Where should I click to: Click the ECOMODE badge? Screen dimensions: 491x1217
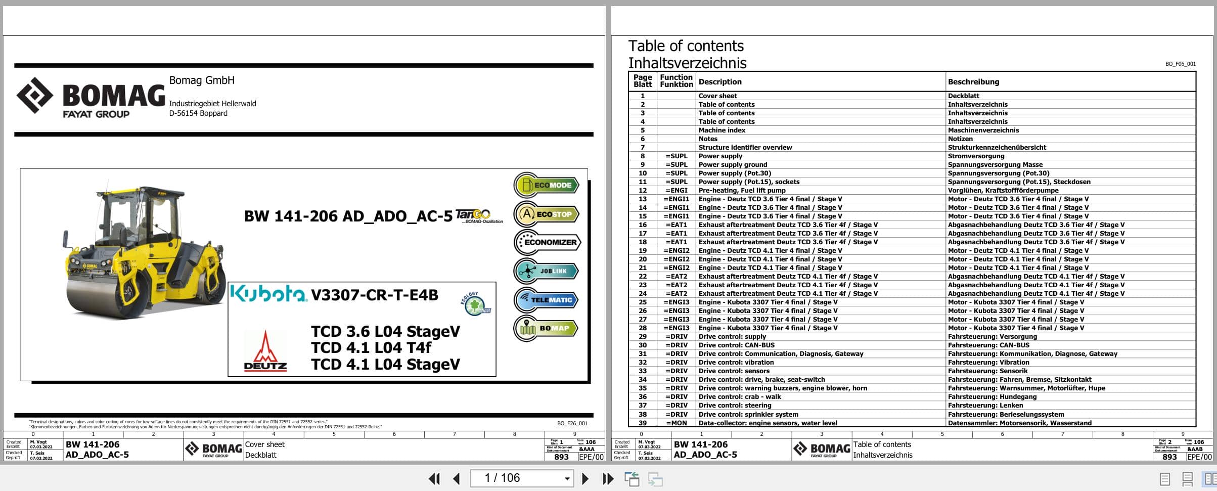pos(547,185)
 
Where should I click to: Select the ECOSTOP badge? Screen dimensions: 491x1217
pos(547,214)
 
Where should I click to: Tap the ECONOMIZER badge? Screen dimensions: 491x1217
pos(548,242)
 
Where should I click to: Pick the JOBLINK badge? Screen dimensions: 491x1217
pos(547,271)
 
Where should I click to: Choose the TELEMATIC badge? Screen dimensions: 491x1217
pos(547,300)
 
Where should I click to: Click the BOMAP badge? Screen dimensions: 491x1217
pos(547,328)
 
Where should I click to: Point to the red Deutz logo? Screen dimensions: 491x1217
pos(265,351)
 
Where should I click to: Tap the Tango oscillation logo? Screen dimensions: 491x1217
pos(478,216)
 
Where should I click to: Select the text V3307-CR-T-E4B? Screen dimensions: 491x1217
pos(375,295)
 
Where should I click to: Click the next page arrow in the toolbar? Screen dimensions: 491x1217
pos(585,478)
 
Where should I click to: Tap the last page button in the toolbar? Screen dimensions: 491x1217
pos(608,478)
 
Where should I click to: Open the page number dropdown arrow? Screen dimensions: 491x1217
pos(567,478)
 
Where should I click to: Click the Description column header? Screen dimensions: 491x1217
pos(720,82)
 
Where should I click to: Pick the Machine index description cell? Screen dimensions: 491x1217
pos(722,130)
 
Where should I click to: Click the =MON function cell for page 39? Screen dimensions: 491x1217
pos(677,423)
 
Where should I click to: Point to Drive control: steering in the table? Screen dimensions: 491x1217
pos(735,405)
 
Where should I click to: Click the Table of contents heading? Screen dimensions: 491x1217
pos(686,46)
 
